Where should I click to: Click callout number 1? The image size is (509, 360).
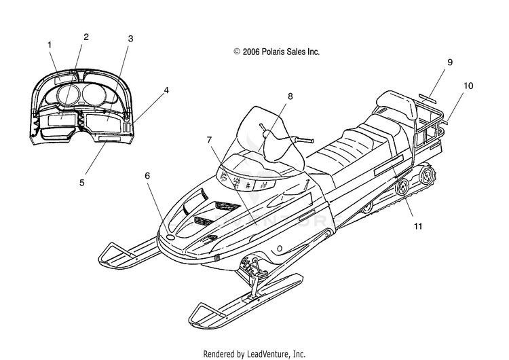click(50, 45)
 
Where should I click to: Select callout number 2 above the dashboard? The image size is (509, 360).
click(86, 37)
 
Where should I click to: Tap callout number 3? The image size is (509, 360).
click(130, 39)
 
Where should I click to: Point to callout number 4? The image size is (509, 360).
click(166, 90)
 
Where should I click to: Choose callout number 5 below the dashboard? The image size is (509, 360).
click(82, 183)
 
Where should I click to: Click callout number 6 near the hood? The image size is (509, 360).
click(147, 175)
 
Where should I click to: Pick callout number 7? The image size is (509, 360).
click(210, 140)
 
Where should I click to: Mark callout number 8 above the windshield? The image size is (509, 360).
click(290, 96)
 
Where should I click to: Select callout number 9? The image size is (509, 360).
click(450, 62)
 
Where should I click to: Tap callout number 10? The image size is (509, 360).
click(468, 86)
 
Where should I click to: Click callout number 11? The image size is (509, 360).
click(418, 226)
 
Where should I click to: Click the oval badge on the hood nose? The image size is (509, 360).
click(170, 238)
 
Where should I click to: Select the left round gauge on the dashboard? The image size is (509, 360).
click(68, 93)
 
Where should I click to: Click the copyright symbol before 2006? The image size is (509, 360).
click(237, 52)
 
